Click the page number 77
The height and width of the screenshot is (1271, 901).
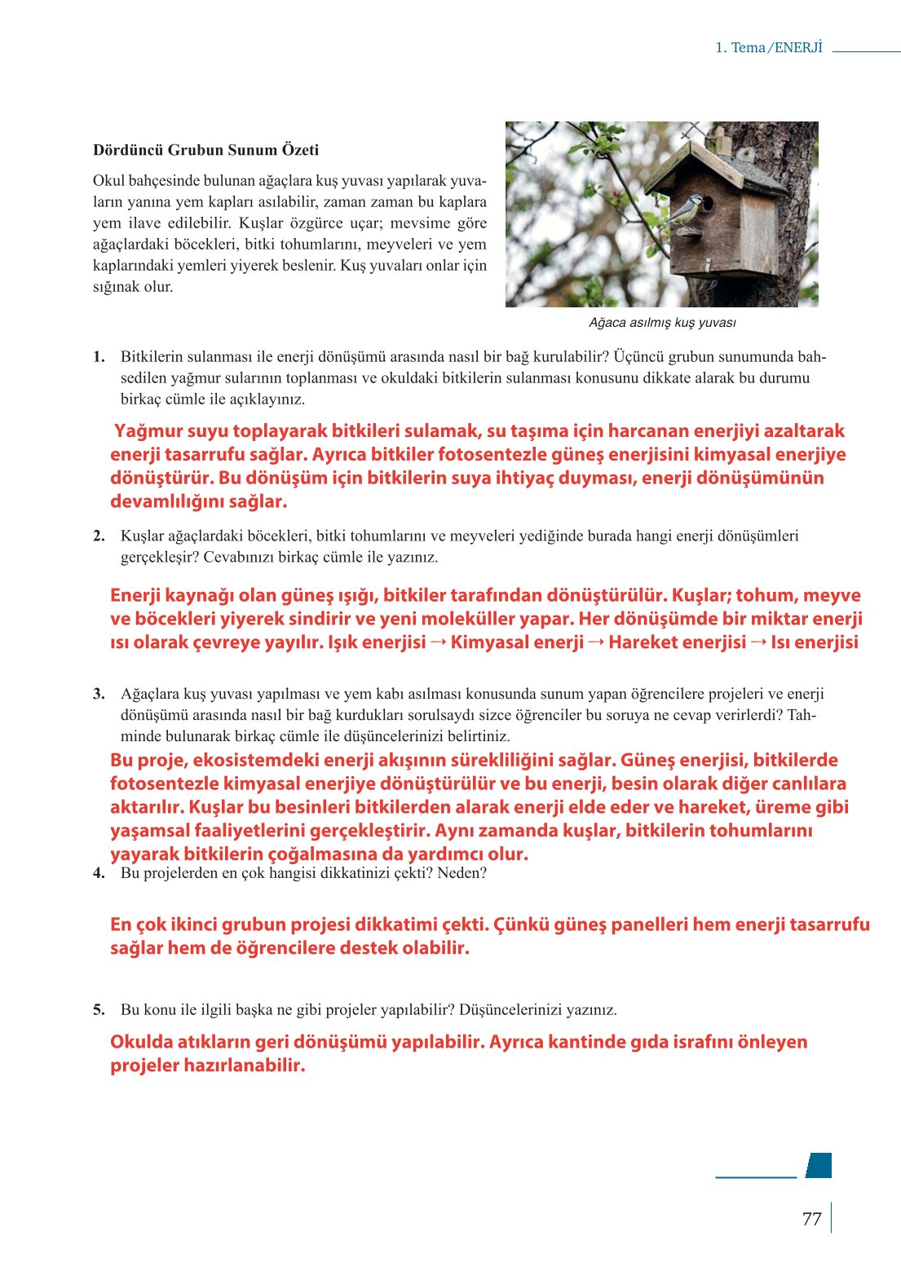click(x=811, y=1219)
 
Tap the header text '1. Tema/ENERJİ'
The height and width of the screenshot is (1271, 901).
click(x=768, y=47)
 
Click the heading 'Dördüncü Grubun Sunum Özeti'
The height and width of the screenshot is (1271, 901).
click(x=205, y=150)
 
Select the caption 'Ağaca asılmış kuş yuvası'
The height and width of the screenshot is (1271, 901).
click(x=662, y=323)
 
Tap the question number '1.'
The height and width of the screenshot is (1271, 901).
click(x=99, y=356)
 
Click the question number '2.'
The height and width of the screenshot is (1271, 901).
click(x=99, y=536)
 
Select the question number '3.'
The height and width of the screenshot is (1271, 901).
click(x=99, y=694)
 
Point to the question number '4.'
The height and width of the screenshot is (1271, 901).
click(x=99, y=873)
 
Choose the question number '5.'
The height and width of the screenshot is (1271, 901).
click(x=99, y=1010)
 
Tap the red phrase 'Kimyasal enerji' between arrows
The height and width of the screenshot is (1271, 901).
click(x=517, y=642)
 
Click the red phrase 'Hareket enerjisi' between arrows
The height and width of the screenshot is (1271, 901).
click(x=677, y=642)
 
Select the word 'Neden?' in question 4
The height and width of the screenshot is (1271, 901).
click(x=462, y=873)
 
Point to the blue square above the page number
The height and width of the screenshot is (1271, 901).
click(x=819, y=1165)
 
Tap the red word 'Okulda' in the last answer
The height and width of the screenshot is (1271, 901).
click(x=142, y=1042)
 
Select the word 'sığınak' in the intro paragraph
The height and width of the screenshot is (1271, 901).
click(x=117, y=287)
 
